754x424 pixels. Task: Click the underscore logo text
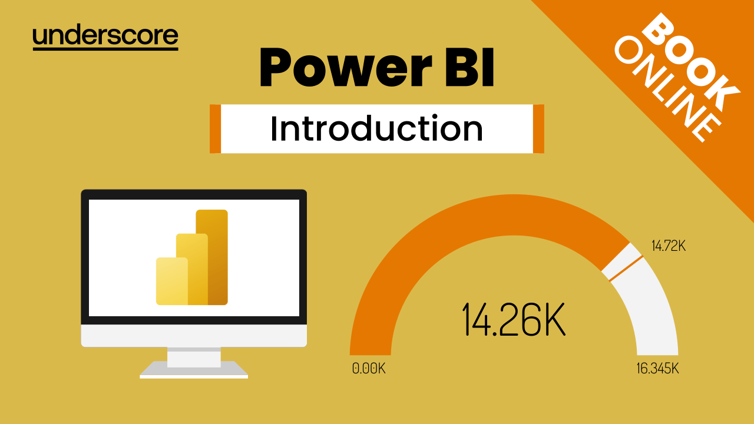click(105, 37)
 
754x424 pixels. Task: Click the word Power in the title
click(346, 67)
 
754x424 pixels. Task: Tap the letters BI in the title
click(469, 67)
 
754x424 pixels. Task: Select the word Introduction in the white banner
click(376, 128)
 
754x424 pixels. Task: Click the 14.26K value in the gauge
click(513, 319)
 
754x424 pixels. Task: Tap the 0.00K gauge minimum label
click(369, 369)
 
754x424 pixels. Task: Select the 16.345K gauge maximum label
click(657, 369)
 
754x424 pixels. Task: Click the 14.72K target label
click(669, 246)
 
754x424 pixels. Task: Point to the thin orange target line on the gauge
click(626, 269)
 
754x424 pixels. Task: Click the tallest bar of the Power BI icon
click(211, 257)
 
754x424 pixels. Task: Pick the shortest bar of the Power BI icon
click(171, 281)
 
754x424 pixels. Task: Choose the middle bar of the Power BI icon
click(192, 269)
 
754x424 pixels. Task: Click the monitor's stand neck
click(194, 357)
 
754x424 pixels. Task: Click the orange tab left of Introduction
click(216, 129)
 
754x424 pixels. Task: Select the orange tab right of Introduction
click(538, 129)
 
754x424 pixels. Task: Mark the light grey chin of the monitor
click(194, 336)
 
